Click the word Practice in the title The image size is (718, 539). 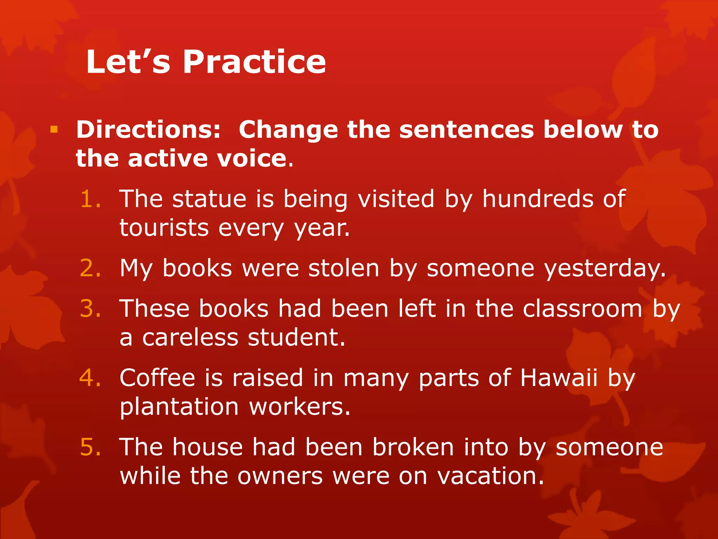254,62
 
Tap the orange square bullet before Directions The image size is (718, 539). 54,130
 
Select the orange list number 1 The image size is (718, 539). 90,199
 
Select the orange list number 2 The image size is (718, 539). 90,268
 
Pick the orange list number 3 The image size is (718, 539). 90,309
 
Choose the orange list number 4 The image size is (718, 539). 90,378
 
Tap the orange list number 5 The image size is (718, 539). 90,447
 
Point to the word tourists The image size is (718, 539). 164,228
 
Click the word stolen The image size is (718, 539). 344,268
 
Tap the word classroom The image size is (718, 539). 582,309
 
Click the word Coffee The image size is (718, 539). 157,378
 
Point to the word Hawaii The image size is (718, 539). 558,378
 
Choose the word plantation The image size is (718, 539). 179,407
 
